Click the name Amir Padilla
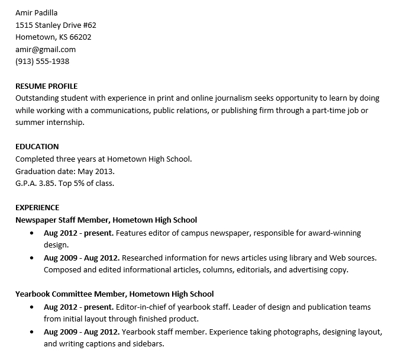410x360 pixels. pos(37,12)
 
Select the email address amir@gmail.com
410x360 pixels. pos(45,49)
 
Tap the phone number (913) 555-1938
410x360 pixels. pos(42,61)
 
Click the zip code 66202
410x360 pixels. pos(80,37)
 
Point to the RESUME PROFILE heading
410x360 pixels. pos(46,86)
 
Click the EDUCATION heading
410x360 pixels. pos(37,146)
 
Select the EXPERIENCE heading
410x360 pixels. pos(37,207)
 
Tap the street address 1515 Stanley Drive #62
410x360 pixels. pos(56,25)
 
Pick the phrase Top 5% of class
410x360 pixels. pos(90,183)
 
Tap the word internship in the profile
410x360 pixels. pos(64,122)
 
